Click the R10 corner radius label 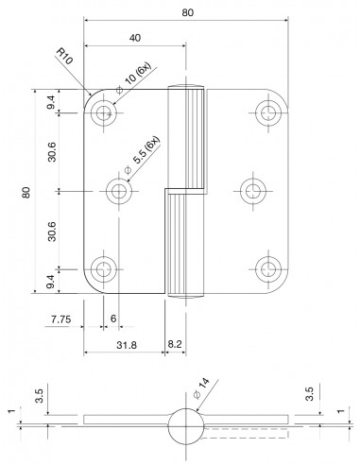[x=64, y=57]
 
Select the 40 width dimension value [x=135, y=38]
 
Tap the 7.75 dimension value [x=61, y=319]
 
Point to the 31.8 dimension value [x=127, y=345]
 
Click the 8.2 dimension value [x=175, y=344]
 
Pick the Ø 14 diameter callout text [x=201, y=388]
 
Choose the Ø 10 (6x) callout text [x=134, y=77]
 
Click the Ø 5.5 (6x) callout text [x=143, y=155]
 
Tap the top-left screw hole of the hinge [x=103, y=112]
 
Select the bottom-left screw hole [x=103, y=269]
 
